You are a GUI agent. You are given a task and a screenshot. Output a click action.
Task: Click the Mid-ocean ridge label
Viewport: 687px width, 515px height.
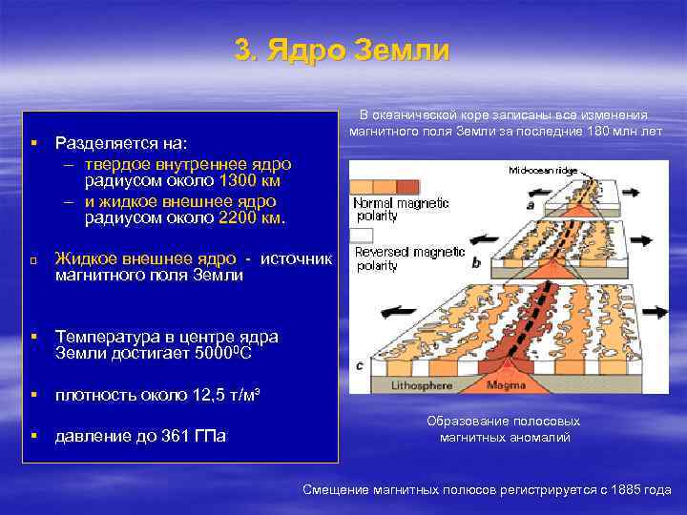point(541,173)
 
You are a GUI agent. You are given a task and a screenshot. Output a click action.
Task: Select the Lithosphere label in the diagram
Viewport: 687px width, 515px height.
point(397,385)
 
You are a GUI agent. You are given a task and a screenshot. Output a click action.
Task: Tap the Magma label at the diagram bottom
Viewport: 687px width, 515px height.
point(506,385)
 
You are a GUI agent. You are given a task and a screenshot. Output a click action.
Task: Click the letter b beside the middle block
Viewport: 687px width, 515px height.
point(475,261)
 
